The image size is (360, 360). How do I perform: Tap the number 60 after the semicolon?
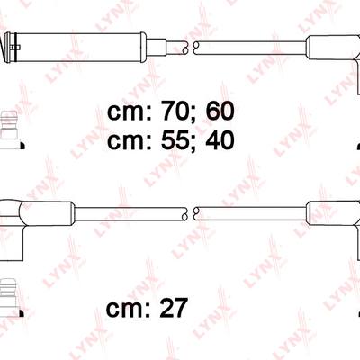click(x=220, y=111)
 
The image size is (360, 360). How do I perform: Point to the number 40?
click(x=220, y=140)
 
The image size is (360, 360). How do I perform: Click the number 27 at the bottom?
click(x=174, y=308)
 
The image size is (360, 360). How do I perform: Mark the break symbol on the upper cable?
click(x=191, y=47)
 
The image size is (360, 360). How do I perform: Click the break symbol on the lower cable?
click(x=191, y=213)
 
